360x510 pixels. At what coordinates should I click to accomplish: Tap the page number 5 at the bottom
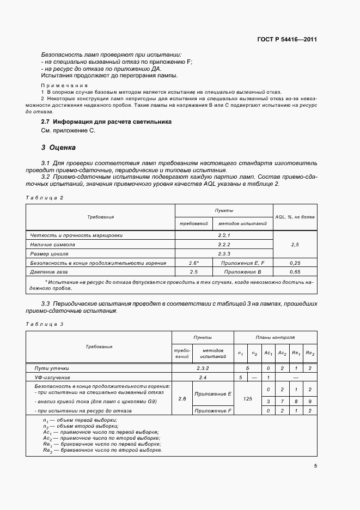[315, 466]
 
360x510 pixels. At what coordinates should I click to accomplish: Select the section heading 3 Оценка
[59, 147]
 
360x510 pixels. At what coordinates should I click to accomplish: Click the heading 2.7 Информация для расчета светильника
[106, 122]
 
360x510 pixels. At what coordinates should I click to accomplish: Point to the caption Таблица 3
[45, 324]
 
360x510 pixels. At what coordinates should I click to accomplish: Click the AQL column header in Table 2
[295, 217]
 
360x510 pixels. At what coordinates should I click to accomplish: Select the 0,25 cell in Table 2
[295, 263]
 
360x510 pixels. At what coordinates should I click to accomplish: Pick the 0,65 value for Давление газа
[295, 271]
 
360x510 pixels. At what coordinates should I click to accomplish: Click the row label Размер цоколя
[50, 254]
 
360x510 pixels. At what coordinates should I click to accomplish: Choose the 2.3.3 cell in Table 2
[224, 254]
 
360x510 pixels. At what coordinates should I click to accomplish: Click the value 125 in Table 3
[248, 399]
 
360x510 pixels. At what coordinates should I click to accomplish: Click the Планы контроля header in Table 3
[275, 338]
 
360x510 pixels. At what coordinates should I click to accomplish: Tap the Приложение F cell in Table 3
[213, 411]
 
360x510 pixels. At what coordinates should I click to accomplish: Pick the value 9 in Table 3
[310, 402]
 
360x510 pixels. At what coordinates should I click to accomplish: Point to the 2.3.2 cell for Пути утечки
[203, 368]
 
